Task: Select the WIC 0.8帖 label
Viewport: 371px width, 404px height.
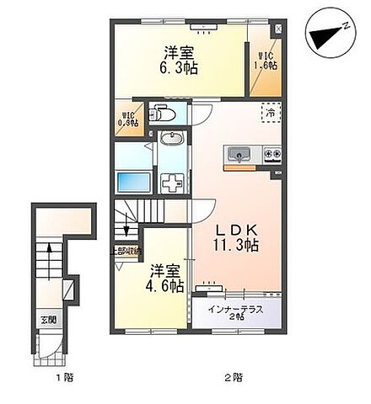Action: coord(127,119)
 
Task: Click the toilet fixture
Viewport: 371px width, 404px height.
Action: coord(163,114)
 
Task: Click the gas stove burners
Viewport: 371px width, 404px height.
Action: coord(272,153)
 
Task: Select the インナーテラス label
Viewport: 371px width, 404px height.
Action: coord(236,309)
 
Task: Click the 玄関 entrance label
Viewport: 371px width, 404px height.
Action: coord(44,319)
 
